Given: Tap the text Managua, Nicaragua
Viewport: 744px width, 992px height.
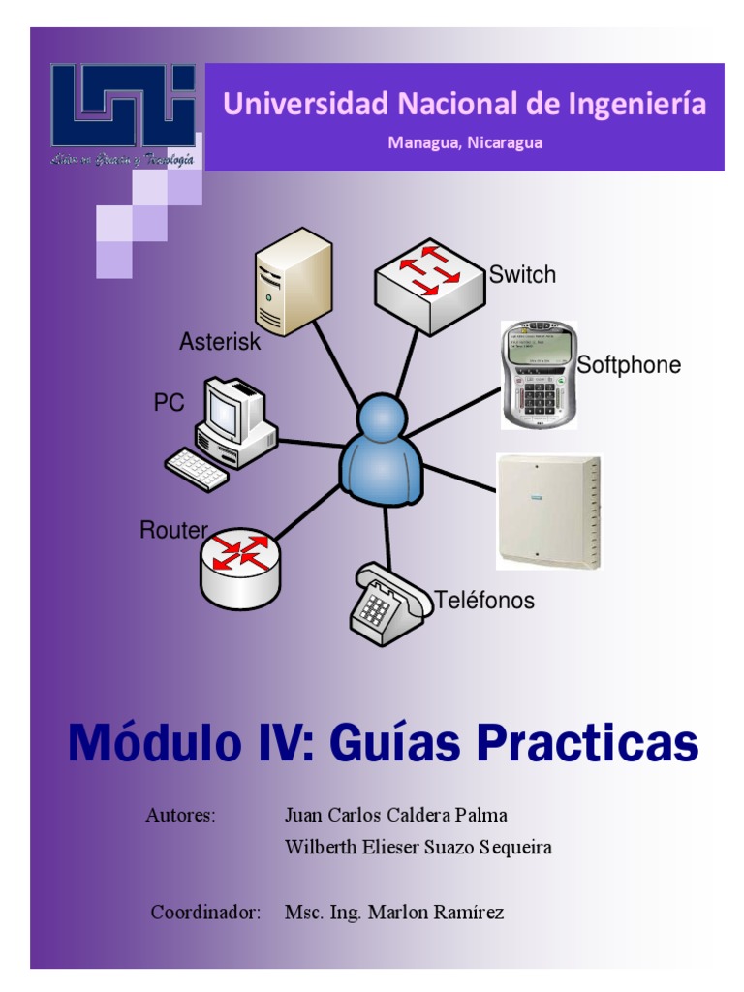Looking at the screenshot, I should click(465, 142).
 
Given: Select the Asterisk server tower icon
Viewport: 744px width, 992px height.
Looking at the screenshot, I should click(293, 281).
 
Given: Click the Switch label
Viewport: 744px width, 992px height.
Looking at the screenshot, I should click(522, 275).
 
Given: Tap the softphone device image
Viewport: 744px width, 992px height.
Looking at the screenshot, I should click(538, 376).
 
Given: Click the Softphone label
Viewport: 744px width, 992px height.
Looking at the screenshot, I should click(629, 365).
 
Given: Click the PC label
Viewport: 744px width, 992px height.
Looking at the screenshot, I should click(169, 403).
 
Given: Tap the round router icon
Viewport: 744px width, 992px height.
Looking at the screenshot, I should click(240, 568).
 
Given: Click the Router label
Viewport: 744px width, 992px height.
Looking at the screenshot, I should click(173, 530).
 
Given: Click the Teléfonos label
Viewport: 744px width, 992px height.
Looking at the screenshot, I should click(484, 601).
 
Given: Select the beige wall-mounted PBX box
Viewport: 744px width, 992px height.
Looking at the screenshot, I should click(548, 511).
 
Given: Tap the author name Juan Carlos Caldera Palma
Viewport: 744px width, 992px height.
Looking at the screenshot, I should click(395, 815).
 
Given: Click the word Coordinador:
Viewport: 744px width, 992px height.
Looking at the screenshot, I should click(206, 913).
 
